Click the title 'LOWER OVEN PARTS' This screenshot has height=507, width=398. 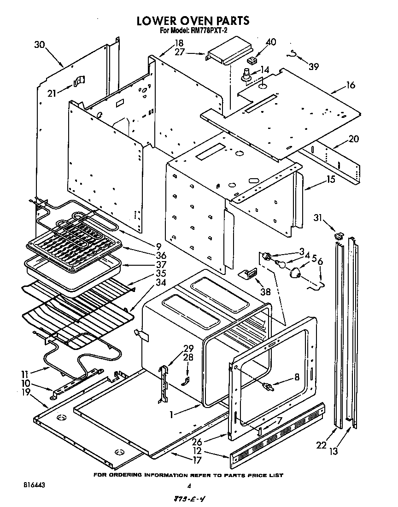(193, 20)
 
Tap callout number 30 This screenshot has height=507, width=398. (40, 44)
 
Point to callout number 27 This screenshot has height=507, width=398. (179, 52)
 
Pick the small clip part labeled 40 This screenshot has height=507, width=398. (252, 60)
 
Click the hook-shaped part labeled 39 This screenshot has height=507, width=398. (291, 54)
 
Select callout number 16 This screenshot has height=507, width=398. (351, 85)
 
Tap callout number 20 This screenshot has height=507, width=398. (353, 139)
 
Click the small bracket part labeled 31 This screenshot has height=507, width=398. (339, 235)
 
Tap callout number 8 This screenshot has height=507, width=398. (297, 377)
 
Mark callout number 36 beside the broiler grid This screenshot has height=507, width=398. (161, 255)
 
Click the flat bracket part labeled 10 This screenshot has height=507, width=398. (59, 392)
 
